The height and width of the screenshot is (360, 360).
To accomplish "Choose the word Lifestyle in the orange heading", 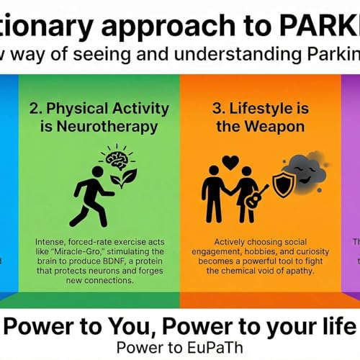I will tap(261, 108).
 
